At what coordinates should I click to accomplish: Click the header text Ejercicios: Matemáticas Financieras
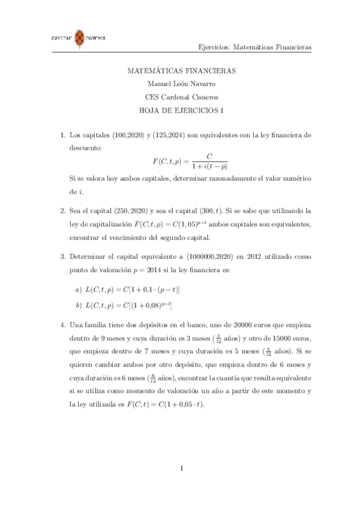254,46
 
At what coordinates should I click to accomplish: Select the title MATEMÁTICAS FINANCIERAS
181,70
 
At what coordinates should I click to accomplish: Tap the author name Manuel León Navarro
181,84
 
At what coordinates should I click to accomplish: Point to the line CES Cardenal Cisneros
181,97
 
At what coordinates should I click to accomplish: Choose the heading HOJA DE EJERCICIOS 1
181,110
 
